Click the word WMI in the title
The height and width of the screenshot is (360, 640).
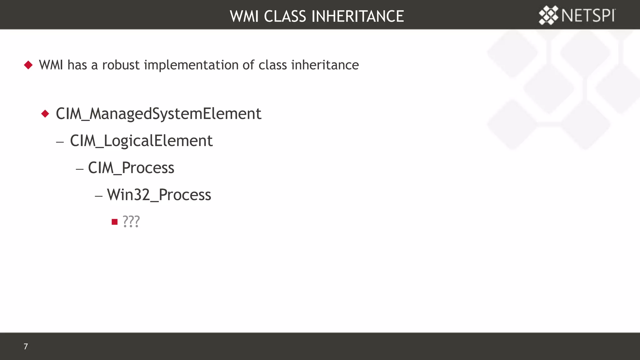244,16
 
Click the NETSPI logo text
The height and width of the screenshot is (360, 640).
588,16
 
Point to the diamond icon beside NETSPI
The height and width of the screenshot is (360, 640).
548,15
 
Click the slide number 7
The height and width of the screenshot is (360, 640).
26,346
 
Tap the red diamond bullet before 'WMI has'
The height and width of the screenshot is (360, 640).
28,65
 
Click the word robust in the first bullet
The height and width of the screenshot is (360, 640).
121,65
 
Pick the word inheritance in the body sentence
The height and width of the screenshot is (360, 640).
325,65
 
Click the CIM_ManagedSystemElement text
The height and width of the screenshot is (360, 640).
158,113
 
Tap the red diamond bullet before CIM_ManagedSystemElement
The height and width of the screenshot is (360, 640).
45,113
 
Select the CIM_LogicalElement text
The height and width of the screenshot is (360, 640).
141,141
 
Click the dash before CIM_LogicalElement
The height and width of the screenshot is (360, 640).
60,142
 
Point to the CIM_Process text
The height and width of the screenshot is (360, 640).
131,168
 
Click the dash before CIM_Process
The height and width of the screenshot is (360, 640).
80,169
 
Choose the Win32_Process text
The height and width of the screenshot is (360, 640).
159,195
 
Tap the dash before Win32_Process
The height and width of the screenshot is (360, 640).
99,196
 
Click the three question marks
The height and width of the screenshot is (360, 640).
131,221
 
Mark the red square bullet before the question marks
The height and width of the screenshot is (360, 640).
114,222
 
